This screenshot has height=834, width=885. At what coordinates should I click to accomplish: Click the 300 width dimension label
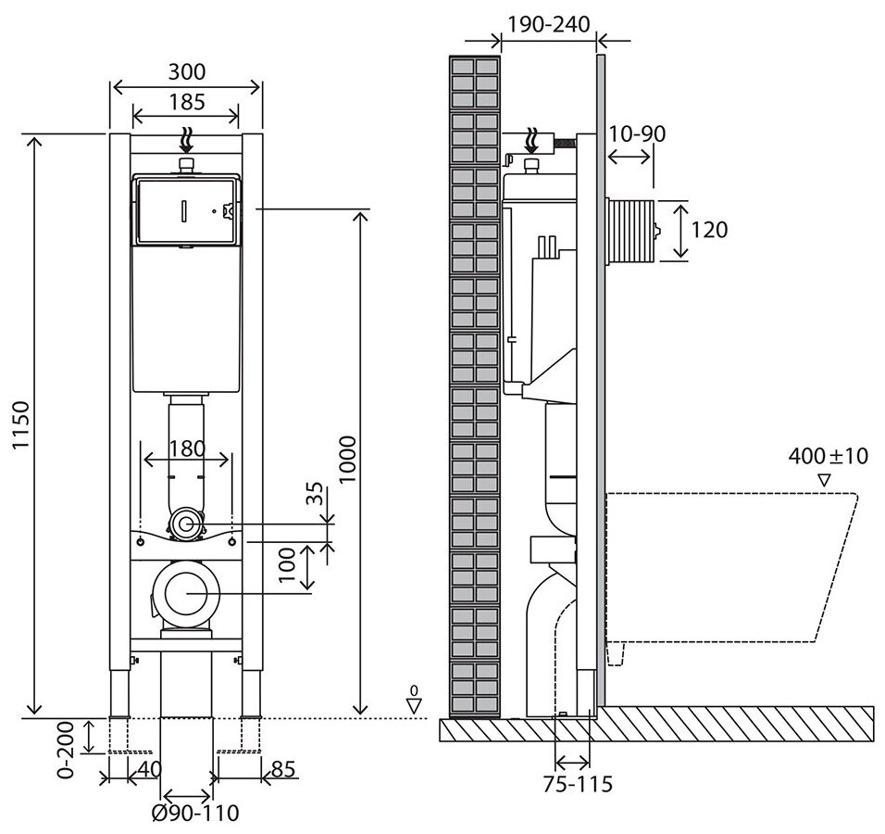coord(187,71)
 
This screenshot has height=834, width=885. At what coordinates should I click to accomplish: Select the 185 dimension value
coord(187,101)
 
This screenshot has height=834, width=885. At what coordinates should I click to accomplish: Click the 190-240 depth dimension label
coord(549,25)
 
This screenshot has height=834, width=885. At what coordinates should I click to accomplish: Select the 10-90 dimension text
coord(637,133)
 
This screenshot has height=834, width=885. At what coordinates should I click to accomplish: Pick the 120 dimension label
coord(710,229)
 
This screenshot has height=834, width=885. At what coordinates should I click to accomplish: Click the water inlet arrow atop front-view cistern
coord(187,139)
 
